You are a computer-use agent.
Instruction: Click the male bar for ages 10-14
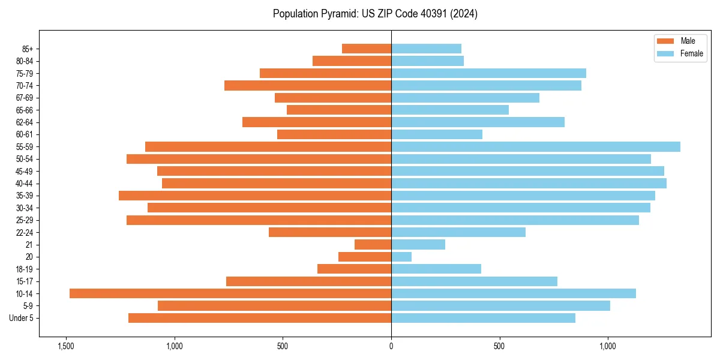[x=230, y=293]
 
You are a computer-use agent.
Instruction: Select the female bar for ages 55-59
[x=536, y=147]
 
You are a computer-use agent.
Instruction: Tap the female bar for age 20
[x=401, y=257]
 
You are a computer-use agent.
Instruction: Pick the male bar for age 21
[x=373, y=245]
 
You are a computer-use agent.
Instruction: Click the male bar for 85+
[x=367, y=49]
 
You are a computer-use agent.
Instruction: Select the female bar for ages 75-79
[x=488, y=73]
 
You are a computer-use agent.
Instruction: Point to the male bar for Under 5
[x=260, y=318]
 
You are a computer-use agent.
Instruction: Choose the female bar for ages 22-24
[x=458, y=232]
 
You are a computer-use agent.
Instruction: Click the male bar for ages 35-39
[x=255, y=196]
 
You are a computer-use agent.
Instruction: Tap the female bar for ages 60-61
[x=437, y=134]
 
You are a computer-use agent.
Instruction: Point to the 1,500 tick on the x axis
[x=65, y=346]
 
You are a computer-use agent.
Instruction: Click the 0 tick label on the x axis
[x=391, y=346]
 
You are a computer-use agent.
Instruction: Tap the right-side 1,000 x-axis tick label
[x=608, y=346]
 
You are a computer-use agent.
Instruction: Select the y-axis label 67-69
[x=25, y=98]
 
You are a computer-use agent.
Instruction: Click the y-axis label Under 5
[x=22, y=318]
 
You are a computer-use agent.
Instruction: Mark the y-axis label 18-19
[x=25, y=269]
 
